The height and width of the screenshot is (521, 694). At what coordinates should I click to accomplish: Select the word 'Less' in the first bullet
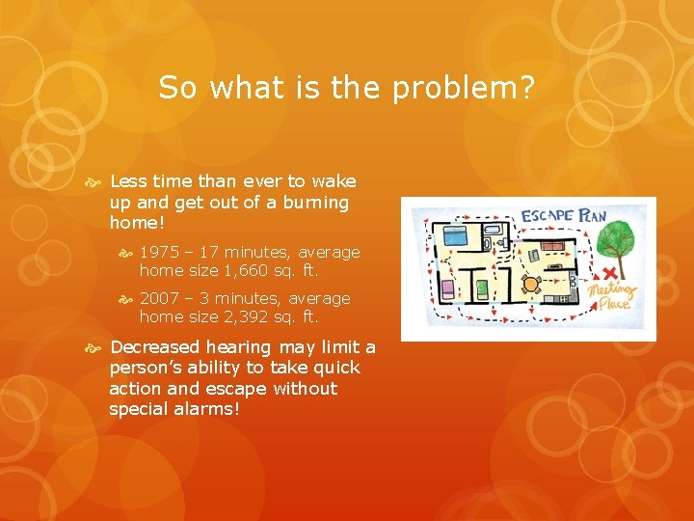(126, 181)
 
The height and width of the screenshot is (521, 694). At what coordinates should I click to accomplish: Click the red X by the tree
(609, 274)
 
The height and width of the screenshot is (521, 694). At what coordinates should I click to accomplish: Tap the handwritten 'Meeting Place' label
(614, 294)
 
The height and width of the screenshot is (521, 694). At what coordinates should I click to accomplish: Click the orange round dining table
(529, 284)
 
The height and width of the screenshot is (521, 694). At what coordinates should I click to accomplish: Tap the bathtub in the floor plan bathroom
(494, 231)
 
